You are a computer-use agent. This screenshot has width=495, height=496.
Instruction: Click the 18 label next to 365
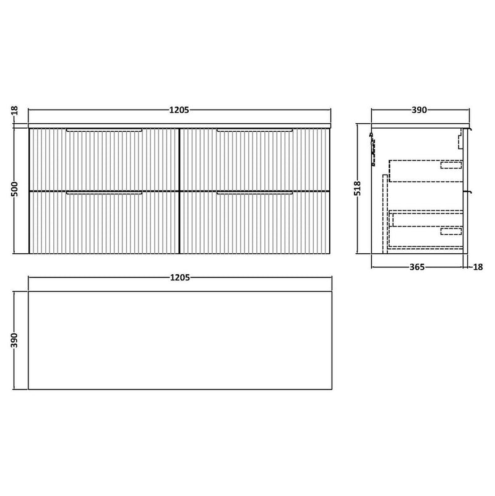pos(478,268)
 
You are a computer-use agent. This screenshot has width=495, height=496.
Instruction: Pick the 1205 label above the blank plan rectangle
pos(179,278)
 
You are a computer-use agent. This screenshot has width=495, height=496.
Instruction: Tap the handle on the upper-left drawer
pos(105,130)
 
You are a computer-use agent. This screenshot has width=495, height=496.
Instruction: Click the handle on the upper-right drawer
pos(254,130)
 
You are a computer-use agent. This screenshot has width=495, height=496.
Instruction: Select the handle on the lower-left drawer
pos(105,194)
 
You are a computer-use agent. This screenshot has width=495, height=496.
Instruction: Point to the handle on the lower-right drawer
pos(254,194)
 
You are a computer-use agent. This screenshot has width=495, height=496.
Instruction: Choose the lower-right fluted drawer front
pos(254,224)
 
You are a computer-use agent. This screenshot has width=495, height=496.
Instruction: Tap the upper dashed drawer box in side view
pos(426,170)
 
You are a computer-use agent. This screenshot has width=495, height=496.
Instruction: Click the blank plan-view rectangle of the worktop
pos(179,339)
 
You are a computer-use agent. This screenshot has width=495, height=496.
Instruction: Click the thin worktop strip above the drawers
pos(179,124)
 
